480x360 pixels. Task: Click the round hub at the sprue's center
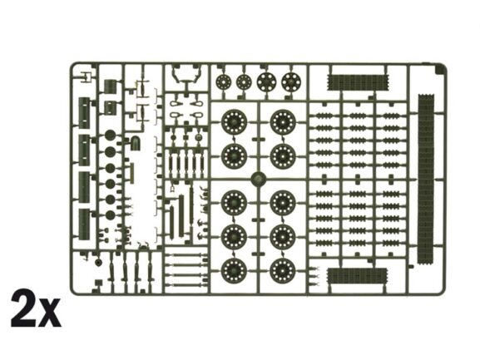(x=259, y=180)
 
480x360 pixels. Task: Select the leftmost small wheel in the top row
(x=223, y=82)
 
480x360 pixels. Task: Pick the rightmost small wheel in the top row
(x=291, y=82)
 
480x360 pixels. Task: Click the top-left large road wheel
(x=234, y=122)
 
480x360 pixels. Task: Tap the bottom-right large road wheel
(x=283, y=270)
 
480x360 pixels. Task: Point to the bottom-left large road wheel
(x=234, y=270)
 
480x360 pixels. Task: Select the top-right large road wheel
(x=283, y=122)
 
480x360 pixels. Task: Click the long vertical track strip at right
(x=426, y=179)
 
